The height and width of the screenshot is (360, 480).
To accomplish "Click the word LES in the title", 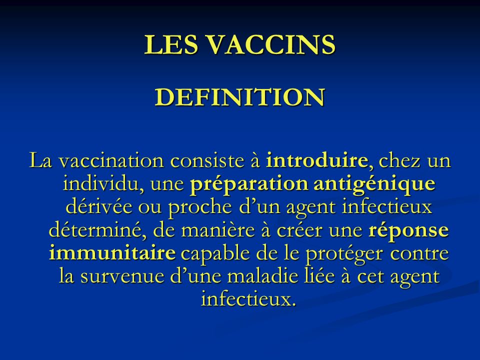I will pyautogui.click(x=169, y=45).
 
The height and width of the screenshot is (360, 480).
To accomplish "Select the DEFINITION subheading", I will pyautogui.click(x=240, y=97).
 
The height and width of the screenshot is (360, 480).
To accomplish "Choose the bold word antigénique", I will pyautogui.click(x=375, y=184).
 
